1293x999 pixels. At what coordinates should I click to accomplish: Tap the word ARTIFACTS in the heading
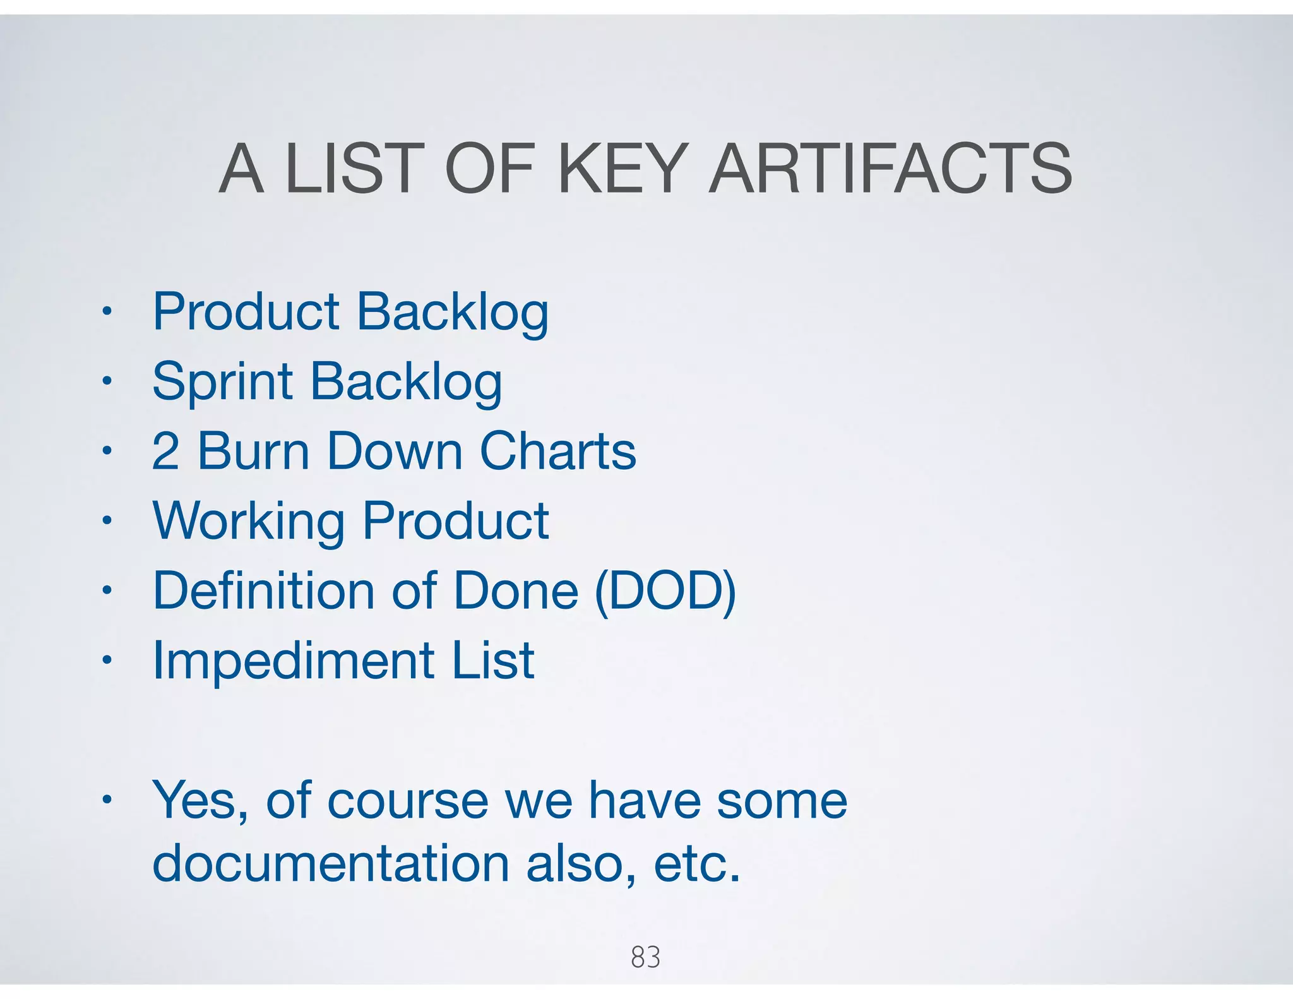pyautogui.click(x=890, y=169)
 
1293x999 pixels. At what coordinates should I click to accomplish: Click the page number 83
pyautogui.click(x=645, y=957)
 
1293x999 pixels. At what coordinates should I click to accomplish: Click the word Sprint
pyautogui.click(x=222, y=382)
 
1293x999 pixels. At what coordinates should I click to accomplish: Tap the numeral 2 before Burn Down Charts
pyautogui.click(x=165, y=452)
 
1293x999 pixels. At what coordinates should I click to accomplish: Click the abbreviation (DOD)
pyautogui.click(x=665, y=591)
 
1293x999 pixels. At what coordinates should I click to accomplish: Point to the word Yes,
pyautogui.click(x=200, y=801)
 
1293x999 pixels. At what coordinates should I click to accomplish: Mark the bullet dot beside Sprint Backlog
pyautogui.click(x=107, y=381)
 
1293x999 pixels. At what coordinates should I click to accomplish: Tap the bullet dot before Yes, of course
pyautogui.click(x=107, y=799)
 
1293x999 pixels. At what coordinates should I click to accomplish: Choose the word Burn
pyautogui.click(x=254, y=452)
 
